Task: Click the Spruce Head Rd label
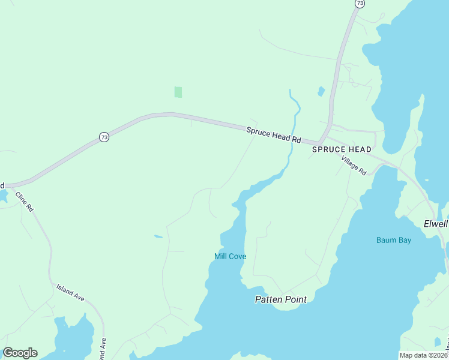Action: pos(273,134)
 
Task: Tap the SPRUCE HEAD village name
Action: pos(342,149)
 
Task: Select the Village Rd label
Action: pos(354,164)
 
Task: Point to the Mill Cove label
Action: pos(231,256)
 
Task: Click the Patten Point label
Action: pos(281,299)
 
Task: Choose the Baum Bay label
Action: pos(394,241)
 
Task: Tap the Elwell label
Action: pos(436,223)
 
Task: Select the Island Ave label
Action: pos(70,292)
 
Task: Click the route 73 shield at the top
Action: pos(360,4)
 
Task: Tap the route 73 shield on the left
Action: pos(104,137)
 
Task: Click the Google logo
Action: pos(20,353)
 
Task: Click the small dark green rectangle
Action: pos(178,92)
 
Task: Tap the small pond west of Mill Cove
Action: pos(158,236)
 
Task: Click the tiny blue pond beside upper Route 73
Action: pos(321,92)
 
